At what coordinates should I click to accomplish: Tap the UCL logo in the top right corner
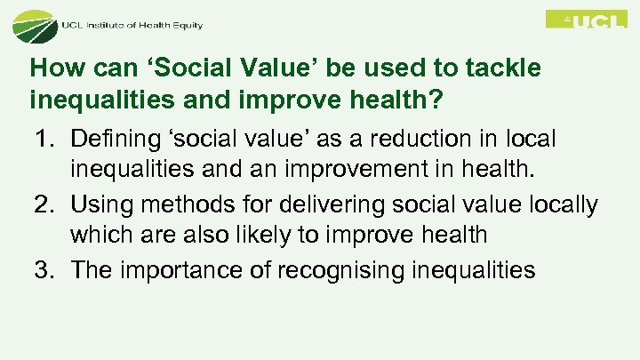[x=586, y=20]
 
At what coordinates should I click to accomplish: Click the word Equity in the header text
[x=185, y=25]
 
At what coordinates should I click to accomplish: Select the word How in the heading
[x=52, y=68]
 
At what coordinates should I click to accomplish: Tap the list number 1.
[x=44, y=140]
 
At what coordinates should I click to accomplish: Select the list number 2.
[x=44, y=205]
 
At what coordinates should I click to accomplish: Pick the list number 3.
[x=44, y=270]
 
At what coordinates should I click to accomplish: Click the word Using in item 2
[x=98, y=205]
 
